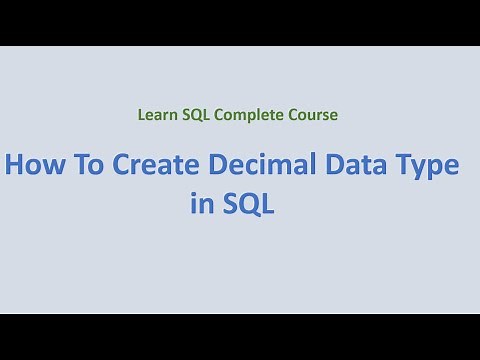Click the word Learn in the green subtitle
pyautogui.click(x=156, y=115)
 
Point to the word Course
pyautogui.click(x=313, y=115)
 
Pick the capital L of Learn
pyautogui.click(x=141, y=115)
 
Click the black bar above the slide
pyautogui.click(x=240, y=22)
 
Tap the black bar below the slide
pyautogui.click(x=240, y=337)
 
